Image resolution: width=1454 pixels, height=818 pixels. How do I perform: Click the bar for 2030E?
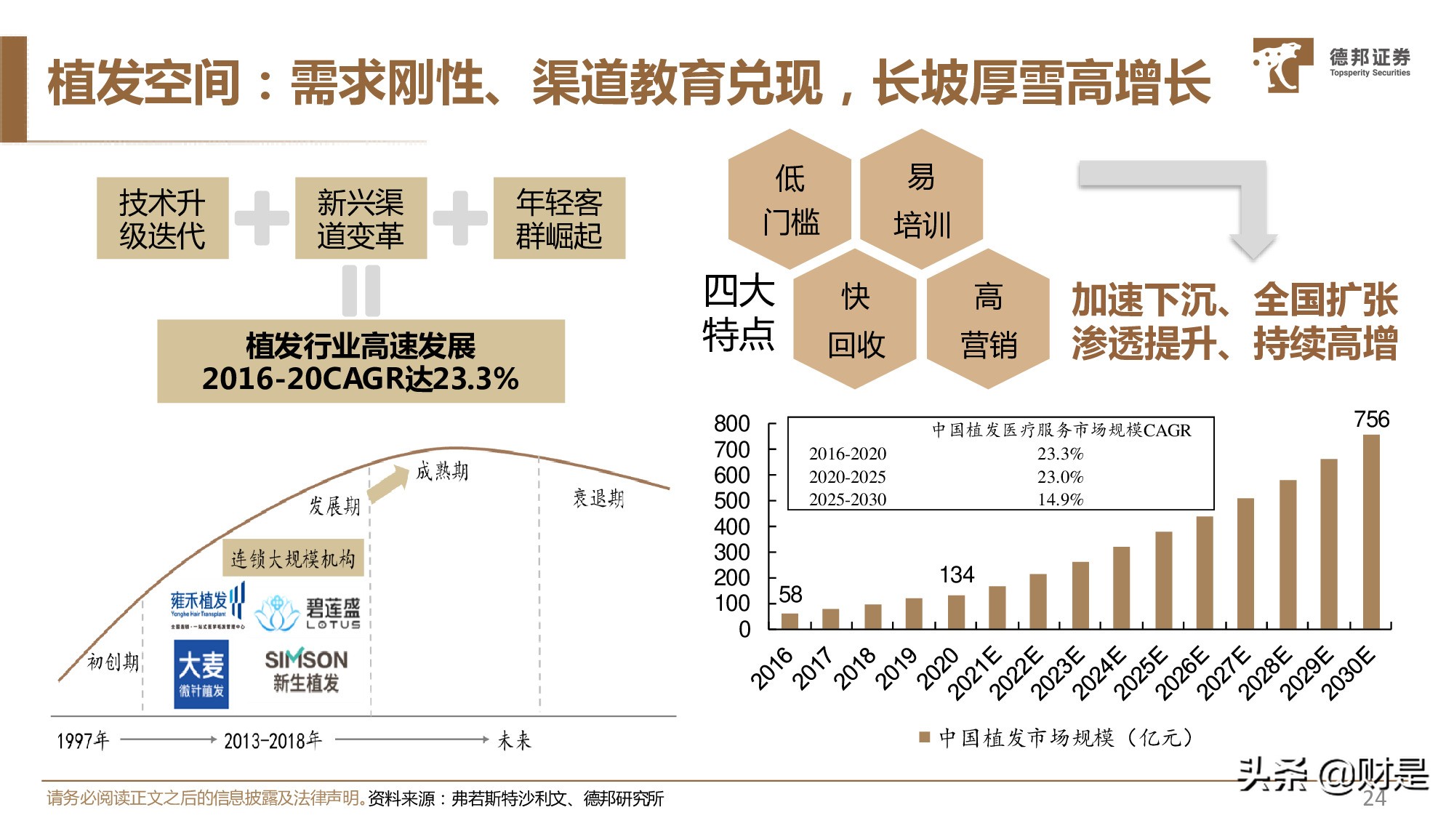tap(1370, 532)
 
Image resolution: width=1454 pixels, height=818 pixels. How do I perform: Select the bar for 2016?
tap(790, 620)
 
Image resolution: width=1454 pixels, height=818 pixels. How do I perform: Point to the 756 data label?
tap(1371, 420)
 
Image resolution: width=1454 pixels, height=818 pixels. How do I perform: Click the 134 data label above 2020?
tap(956, 575)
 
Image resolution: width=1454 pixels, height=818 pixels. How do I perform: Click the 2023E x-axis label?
tap(1059, 673)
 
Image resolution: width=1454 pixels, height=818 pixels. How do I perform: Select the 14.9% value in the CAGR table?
tap(1059, 500)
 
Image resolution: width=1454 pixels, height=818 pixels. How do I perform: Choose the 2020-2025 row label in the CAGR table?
tap(847, 477)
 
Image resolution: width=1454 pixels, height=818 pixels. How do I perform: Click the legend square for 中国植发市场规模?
tap(925, 737)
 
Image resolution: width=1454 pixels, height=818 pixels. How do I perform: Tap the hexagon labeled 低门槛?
tap(790, 199)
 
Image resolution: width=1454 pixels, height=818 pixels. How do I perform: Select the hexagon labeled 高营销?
tap(988, 320)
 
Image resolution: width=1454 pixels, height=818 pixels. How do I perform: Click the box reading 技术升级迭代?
tap(162, 218)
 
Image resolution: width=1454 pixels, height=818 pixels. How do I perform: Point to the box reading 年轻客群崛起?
tap(559, 218)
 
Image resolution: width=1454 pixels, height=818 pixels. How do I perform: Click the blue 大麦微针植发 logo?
tap(201, 674)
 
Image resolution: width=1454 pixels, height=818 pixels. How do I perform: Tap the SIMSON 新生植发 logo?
tap(306, 670)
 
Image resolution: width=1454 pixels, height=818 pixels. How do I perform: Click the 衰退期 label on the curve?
tap(598, 498)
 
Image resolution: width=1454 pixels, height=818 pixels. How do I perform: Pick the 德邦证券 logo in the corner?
tap(1330, 65)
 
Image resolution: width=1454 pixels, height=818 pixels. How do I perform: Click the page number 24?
tap(1373, 798)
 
